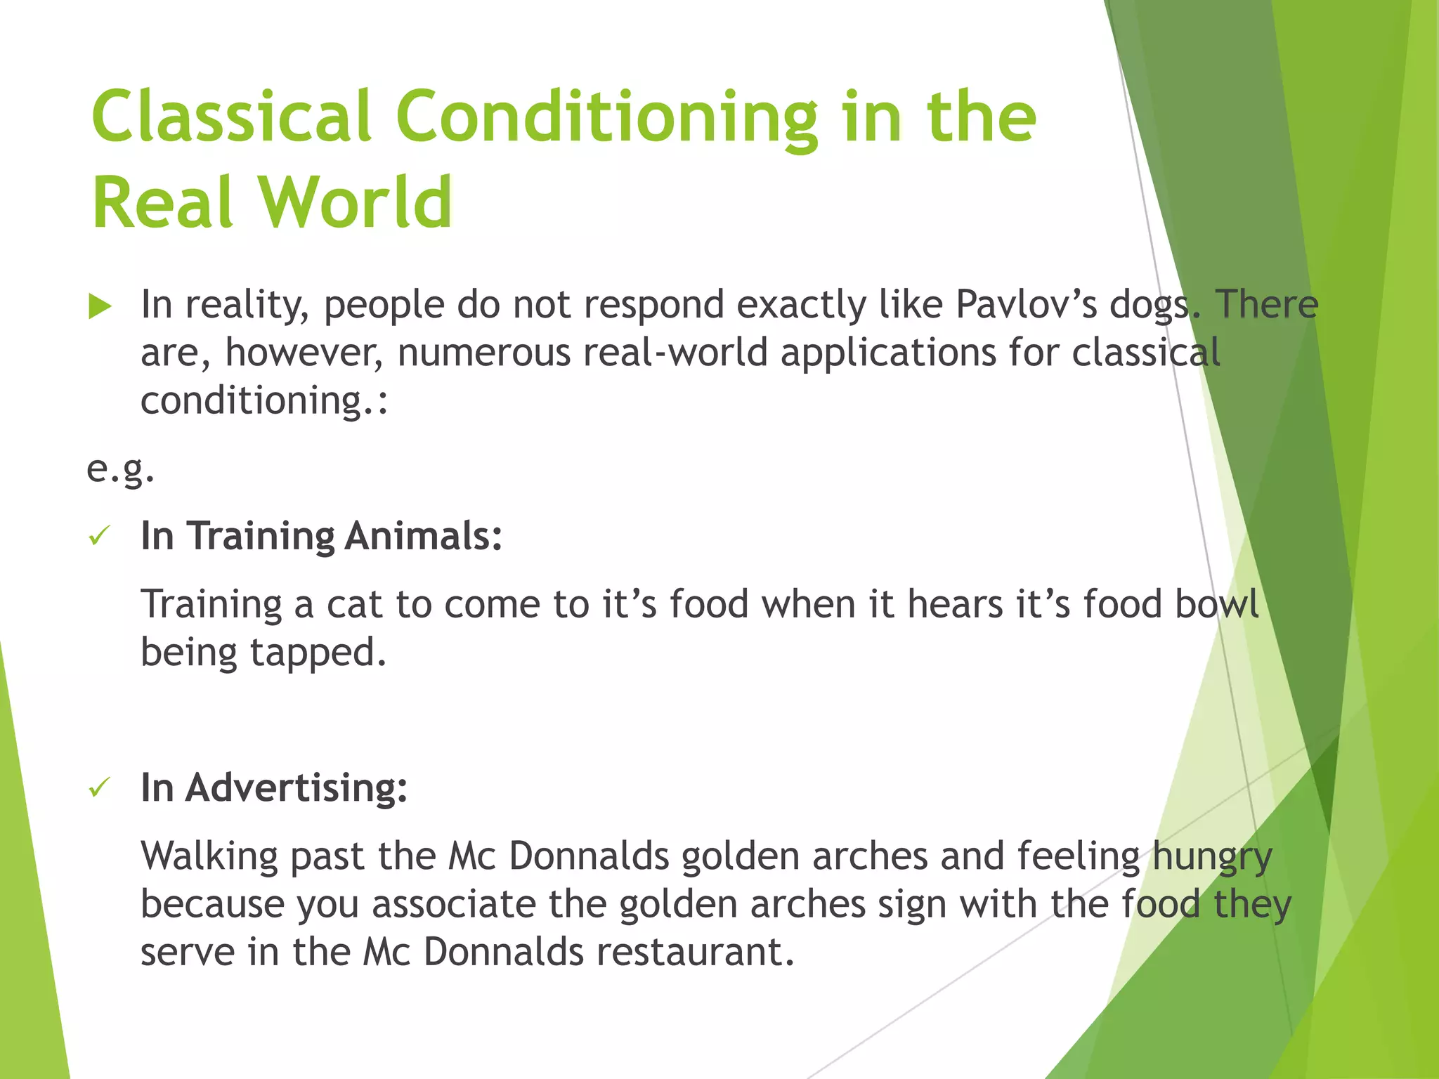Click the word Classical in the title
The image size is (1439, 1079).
[x=230, y=116]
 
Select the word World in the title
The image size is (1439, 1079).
[x=356, y=202]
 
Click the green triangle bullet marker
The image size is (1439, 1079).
[x=100, y=307]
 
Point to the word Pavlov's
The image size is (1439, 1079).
[x=1026, y=305]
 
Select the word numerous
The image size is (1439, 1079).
[x=483, y=353]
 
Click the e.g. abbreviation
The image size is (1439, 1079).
[x=120, y=469]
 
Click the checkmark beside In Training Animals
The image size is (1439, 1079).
[x=99, y=537]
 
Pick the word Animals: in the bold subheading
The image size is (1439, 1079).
[x=424, y=536]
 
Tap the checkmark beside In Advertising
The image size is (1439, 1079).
[x=99, y=788]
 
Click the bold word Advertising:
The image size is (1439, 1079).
[x=296, y=787]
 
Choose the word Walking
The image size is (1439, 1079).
[x=209, y=857]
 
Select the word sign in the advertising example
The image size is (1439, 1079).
[x=912, y=905]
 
